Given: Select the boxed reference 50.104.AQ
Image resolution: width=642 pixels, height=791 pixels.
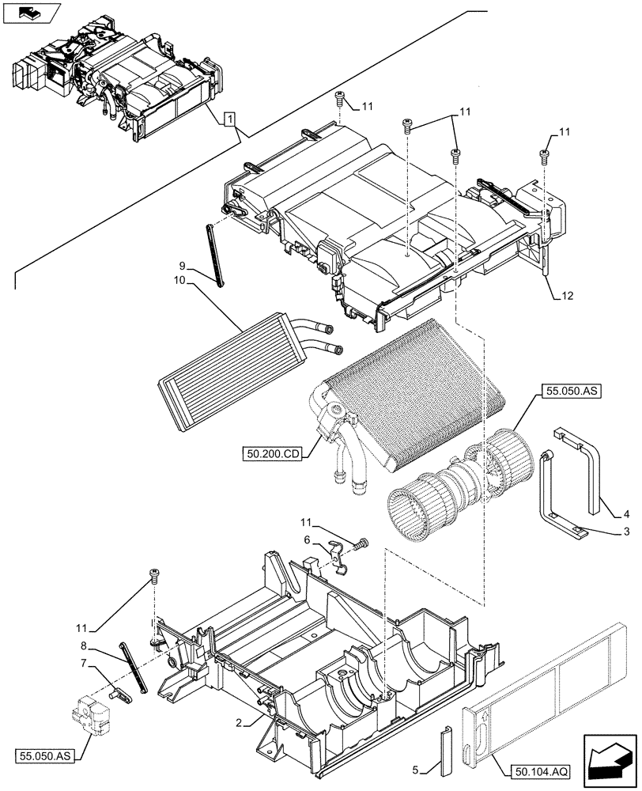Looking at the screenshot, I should click(535, 770).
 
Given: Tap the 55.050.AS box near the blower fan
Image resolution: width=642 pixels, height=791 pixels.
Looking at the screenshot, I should click(571, 391).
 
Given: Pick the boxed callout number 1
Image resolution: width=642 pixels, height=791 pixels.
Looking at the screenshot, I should click(228, 119).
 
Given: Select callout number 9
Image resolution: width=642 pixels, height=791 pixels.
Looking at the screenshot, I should click(182, 265).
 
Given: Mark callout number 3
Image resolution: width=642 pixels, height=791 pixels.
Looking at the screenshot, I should click(625, 531).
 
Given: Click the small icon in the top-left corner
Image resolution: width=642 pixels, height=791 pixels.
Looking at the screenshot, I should click(31, 13).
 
